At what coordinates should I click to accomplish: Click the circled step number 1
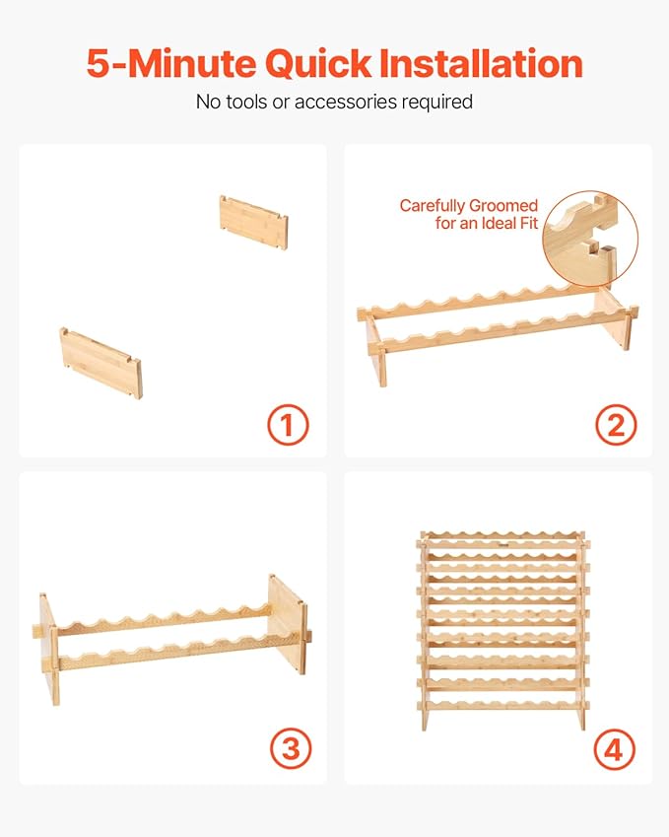(x=288, y=425)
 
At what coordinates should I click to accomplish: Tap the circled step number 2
(x=616, y=425)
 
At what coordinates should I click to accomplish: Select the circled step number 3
(x=291, y=748)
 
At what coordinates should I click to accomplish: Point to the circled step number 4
(x=615, y=748)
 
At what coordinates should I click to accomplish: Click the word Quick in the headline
(x=318, y=64)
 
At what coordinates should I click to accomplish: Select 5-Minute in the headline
(x=171, y=63)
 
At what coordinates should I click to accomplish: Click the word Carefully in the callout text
(x=432, y=206)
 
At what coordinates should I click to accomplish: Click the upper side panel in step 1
(x=253, y=222)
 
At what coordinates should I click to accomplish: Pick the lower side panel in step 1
(x=100, y=363)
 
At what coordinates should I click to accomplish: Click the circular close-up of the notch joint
(x=590, y=238)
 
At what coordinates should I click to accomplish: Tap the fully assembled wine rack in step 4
(x=502, y=630)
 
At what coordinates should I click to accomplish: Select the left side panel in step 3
(x=48, y=648)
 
